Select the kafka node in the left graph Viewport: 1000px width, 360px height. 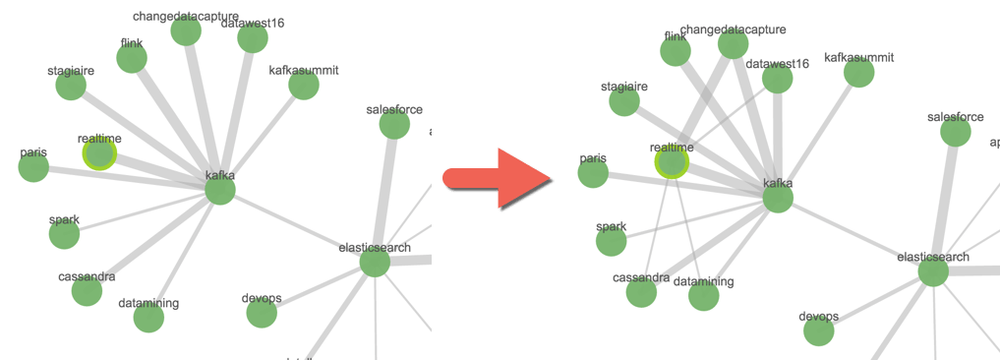[x=220, y=190]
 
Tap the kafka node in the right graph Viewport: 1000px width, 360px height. [x=778, y=198]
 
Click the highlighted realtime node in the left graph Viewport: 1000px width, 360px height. [x=99, y=153]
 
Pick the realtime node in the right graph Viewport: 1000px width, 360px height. [x=673, y=162]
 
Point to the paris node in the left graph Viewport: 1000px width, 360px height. [x=33, y=167]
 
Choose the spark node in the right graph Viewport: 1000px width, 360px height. [x=612, y=240]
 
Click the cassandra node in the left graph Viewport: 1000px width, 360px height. [x=87, y=291]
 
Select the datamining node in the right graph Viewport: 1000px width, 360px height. [x=704, y=296]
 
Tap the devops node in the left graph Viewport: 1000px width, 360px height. [x=262, y=313]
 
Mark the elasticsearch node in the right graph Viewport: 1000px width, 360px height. [x=933, y=271]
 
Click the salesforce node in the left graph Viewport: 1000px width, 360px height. [x=394, y=125]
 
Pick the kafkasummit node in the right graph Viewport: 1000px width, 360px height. [x=859, y=72]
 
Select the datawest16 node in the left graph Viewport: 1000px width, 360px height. [x=253, y=38]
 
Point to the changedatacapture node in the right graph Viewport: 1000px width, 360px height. [x=733, y=44]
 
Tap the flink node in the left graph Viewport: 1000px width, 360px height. [x=132, y=58]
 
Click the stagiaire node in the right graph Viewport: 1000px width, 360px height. [x=624, y=101]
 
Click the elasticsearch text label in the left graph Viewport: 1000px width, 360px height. [x=375, y=248]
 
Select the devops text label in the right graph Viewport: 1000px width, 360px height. [x=819, y=316]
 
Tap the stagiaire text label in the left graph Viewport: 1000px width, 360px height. [x=71, y=71]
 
